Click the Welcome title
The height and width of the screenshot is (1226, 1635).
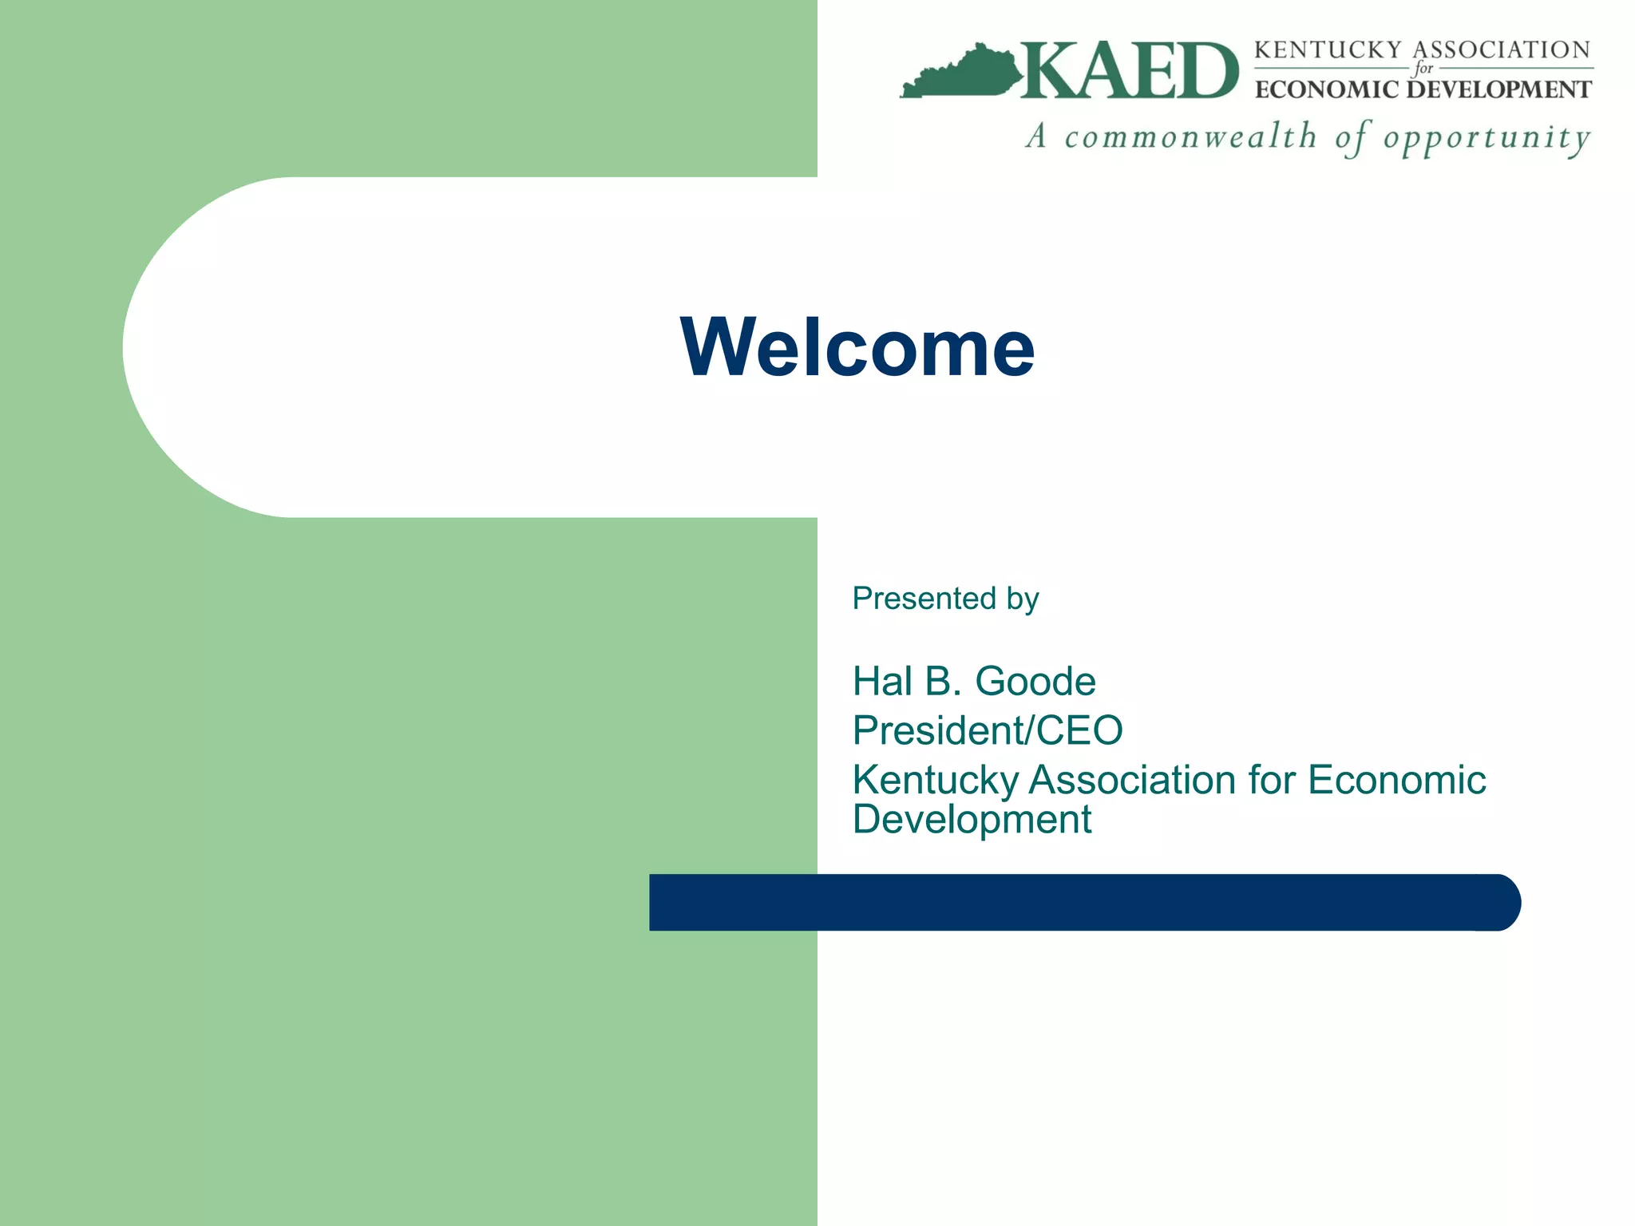point(857,347)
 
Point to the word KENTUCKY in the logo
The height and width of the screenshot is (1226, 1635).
point(1328,50)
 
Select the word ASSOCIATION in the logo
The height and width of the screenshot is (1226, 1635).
point(1502,50)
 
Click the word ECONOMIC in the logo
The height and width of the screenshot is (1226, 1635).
point(1327,89)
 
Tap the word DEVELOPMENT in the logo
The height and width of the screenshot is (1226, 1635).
point(1499,89)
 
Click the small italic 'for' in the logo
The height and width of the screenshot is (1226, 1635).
point(1423,69)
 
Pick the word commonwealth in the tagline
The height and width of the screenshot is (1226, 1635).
point(1190,137)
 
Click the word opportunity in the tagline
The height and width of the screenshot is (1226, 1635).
point(1487,139)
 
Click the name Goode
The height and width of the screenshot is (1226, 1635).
point(1035,682)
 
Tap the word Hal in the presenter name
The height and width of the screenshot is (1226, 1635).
point(882,682)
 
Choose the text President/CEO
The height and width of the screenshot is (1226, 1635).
point(988,730)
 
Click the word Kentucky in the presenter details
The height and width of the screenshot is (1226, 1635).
point(936,781)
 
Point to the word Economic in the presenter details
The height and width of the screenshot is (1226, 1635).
point(1396,780)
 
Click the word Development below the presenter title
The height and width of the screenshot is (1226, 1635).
point(972,820)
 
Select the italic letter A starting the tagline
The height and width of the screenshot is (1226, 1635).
point(1036,136)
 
